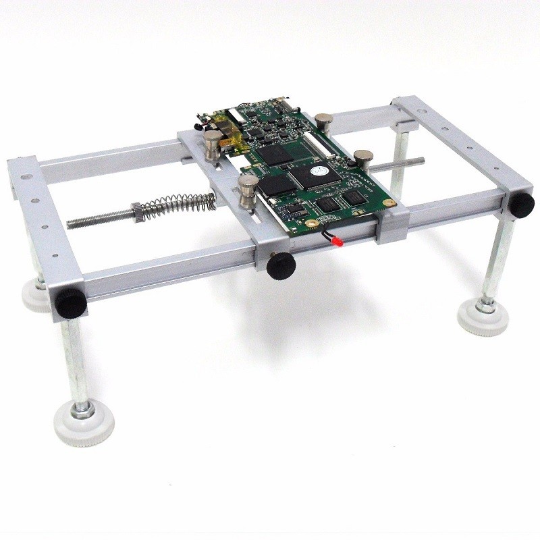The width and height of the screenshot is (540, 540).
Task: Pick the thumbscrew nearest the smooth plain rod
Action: [364, 159]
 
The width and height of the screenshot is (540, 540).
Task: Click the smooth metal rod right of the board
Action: [398, 164]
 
